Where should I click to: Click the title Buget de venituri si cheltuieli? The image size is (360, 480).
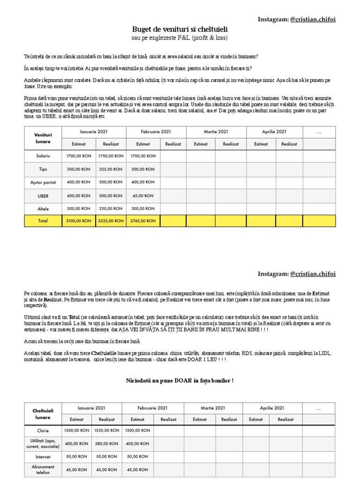(x=180, y=29)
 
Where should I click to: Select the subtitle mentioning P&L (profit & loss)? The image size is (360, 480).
(x=180, y=37)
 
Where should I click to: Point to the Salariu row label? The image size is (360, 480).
(x=43, y=156)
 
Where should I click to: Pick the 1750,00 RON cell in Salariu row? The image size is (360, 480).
(x=111, y=156)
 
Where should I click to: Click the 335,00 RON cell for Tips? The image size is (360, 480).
(x=111, y=169)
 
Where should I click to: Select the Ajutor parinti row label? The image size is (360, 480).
(x=43, y=182)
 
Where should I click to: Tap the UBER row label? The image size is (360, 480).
(x=43, y=195)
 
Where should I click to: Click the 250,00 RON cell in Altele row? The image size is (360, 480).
(x=111, y=208)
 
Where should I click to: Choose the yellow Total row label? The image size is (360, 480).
(x=43, y=220)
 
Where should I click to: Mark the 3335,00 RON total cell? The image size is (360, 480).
(x=111, y=220)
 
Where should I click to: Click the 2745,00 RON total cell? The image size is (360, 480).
(x=143, y=220)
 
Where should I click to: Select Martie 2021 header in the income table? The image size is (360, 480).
(x=216, y=132)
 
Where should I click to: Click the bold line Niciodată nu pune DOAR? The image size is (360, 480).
(x=180, y=380)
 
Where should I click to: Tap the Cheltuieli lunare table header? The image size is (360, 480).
(x=42, y=413)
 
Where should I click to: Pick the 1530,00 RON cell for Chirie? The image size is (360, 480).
(x=106, y=430)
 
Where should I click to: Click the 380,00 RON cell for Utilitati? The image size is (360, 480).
(x=106, y=443)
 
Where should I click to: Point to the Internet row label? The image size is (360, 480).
(x=42, y=456)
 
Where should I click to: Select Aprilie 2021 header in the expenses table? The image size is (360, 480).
(x=272, y=408)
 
